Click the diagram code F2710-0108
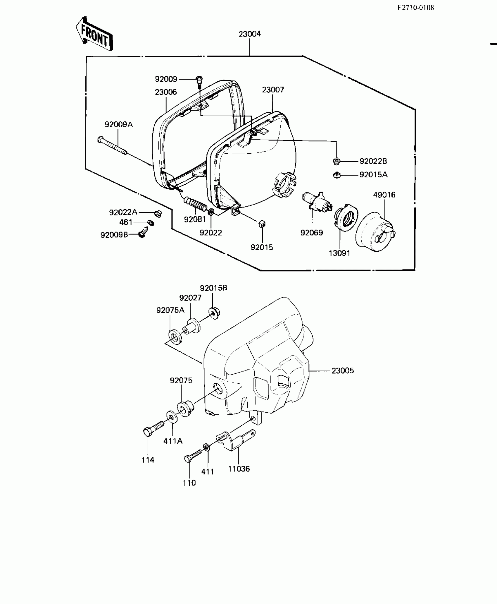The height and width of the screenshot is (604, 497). pos(415,8)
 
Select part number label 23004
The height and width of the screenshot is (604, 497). pos(249,34)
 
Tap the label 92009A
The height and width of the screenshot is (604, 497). pos(119,125)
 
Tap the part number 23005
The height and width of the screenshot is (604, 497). pos(343,370)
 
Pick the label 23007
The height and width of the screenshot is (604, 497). pos(273,90)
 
